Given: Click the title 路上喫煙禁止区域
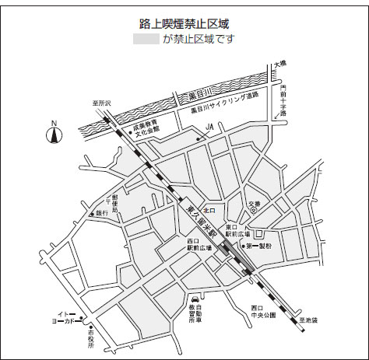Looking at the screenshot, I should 184,24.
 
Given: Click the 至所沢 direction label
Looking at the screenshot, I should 102,103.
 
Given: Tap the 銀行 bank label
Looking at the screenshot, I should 102,213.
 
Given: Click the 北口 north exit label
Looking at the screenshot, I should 208,210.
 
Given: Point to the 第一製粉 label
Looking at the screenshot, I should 259,246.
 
